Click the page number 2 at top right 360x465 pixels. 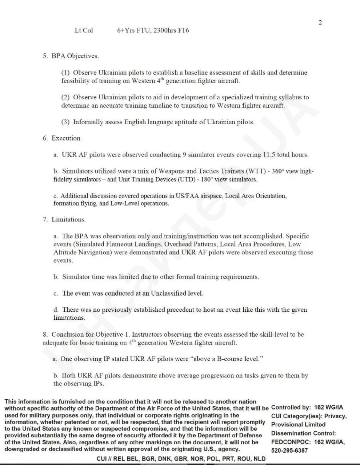click(x=320, y=23)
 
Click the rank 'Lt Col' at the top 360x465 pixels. click(x=84, y=31)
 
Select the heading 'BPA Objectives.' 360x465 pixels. click(x=75, y=56)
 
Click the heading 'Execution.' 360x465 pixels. click(x=67, y=138)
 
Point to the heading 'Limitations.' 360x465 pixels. click(x=69, y=219)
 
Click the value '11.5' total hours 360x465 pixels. click(x=269, y=155)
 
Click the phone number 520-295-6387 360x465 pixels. click(x=289, y=450)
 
